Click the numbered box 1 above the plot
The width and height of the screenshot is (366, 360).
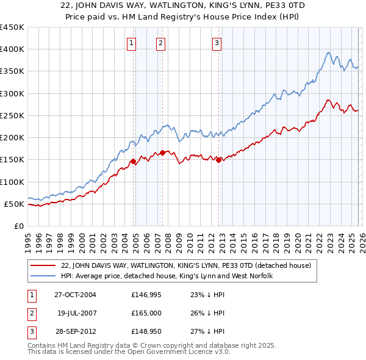pos(132,43)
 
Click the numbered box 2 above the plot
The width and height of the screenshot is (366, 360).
pos(160,43)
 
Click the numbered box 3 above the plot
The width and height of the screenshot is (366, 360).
pos(217,43)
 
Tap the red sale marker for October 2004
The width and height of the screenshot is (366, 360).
pos(133,162)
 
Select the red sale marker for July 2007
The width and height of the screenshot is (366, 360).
pos(163,153)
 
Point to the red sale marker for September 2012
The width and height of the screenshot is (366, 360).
pos(218,160)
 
